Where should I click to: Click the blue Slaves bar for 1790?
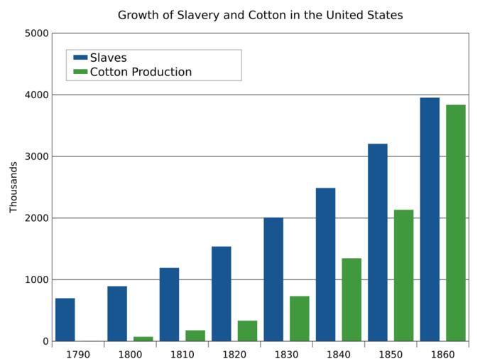point(65,319)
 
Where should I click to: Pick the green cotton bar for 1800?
point(143,338)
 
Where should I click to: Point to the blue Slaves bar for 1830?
point(273,279)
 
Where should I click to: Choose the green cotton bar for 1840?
point(352,299)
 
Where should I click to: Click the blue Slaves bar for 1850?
point(378,242)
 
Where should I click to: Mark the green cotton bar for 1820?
point(247,331)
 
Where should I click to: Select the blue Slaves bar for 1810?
point(169,304)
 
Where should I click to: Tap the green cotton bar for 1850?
point(403,275)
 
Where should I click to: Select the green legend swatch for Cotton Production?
point(80,72)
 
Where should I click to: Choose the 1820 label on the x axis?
point(234,353)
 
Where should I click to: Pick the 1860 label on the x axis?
point(443,353)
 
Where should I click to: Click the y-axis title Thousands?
point(13,187)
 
